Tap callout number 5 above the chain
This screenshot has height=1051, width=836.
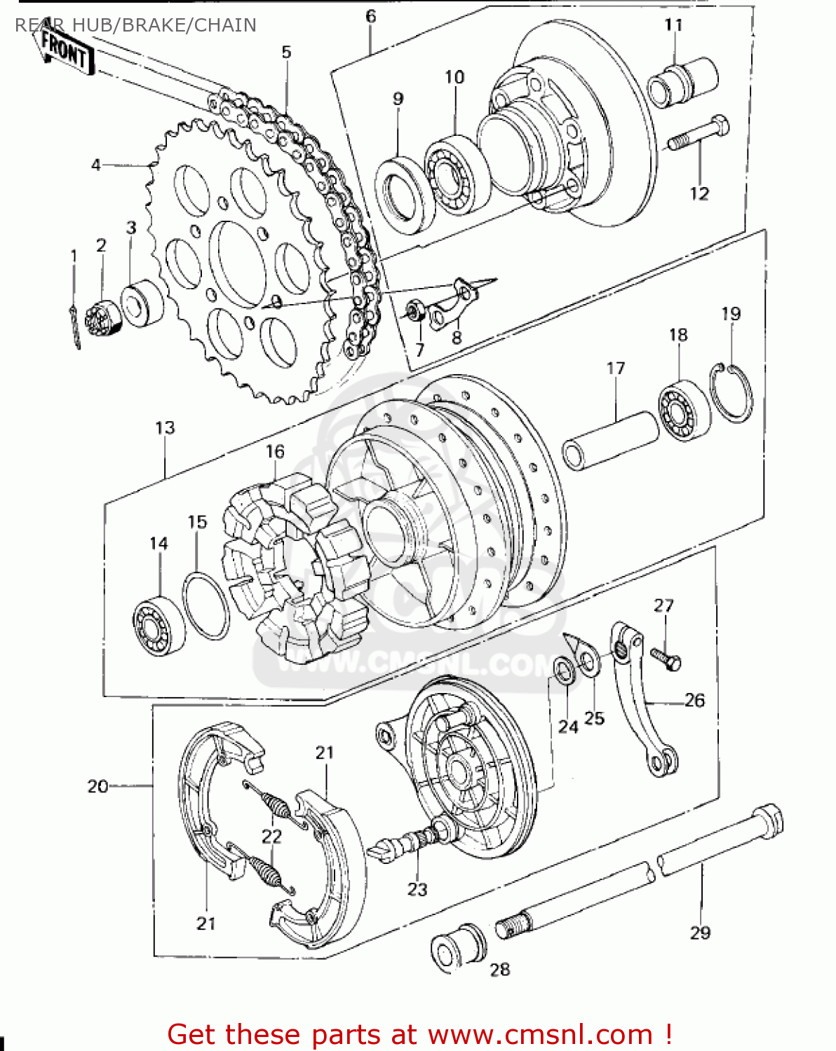(x=286, y=53)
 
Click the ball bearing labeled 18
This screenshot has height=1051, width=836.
(x=682, y=411)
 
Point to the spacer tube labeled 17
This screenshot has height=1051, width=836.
(x=610, y=439)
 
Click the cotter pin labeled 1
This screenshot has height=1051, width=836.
(x=74, y=323)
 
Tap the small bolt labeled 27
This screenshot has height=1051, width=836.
(x=666, y=659)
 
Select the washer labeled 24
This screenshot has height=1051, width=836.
(x=563, y=671)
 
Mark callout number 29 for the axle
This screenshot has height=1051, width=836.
(x=700, y=933)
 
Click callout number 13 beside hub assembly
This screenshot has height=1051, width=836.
(x=165, y=427)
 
